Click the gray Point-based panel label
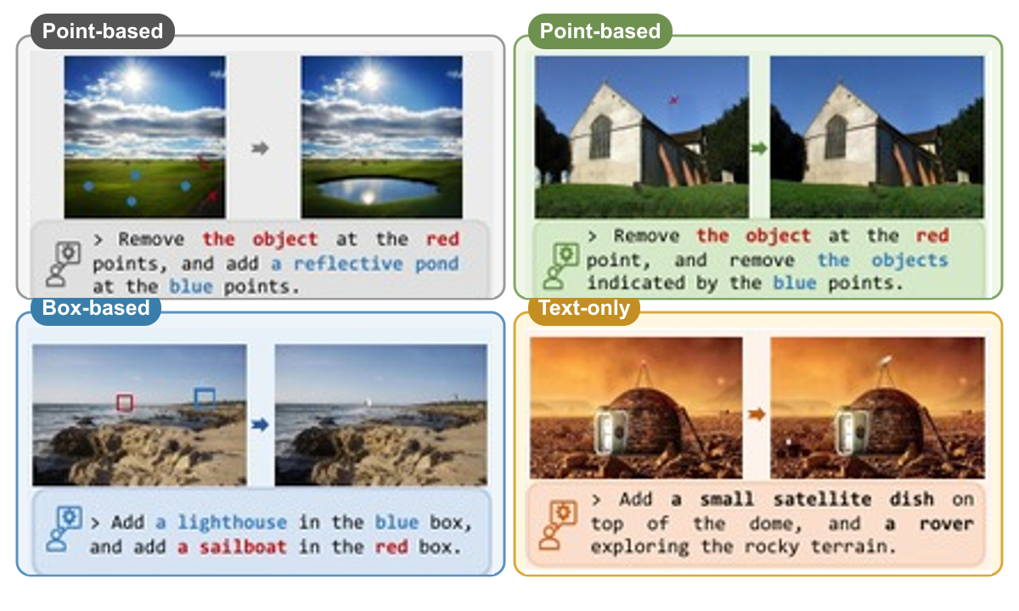point(103,31)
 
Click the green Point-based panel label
point(600,31)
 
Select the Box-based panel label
point(95,308)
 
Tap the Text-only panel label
point(584,308)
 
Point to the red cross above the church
point(673,100)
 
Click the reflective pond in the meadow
point(377,189)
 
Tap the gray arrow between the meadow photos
point(260,149)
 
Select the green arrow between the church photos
point(759,149)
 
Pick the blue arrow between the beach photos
point(260,424)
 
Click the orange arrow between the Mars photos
point(757,414)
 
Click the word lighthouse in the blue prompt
point(232,523)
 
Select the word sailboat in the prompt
point(244,547)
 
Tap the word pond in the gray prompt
point(436,264)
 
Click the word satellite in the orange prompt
point(823,499)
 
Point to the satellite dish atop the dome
point(886,361)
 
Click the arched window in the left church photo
point(600,137)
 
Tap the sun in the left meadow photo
point(134,77)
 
